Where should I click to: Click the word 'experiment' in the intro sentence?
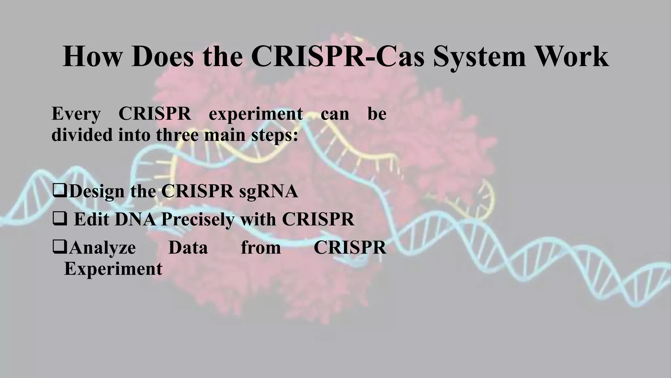[256, 115]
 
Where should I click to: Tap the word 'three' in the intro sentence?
[177, 135]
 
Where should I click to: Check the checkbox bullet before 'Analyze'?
[59, 247]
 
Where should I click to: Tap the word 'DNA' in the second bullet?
[135, 220]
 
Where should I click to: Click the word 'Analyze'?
[103, 248]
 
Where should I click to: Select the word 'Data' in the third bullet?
[188, 248]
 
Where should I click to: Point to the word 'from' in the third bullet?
[261, 248]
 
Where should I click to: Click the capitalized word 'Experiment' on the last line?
[113, 269]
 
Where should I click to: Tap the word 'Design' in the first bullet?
[97, 191]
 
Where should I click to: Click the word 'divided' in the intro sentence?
[82, 135]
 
